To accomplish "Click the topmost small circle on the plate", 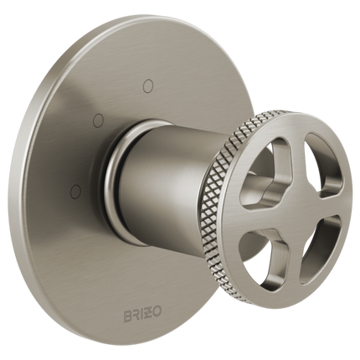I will [148, 84].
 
